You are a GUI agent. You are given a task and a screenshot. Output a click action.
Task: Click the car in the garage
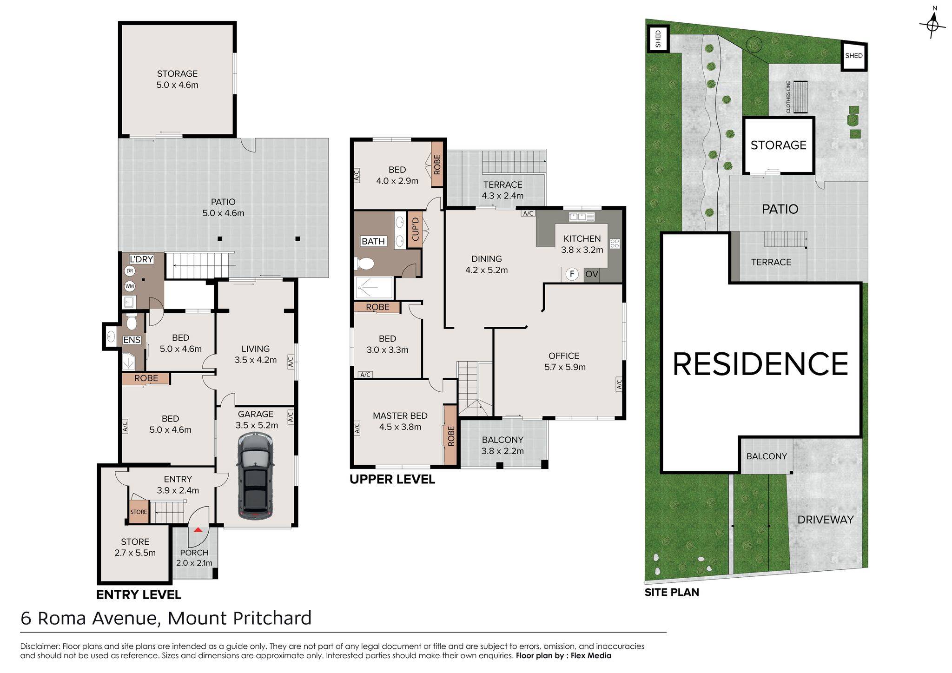[255, 476]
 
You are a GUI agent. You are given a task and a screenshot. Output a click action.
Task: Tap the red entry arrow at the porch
[198, 529]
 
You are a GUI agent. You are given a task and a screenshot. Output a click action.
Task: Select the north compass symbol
[932, 23]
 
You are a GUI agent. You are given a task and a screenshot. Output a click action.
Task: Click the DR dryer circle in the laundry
[130, 271]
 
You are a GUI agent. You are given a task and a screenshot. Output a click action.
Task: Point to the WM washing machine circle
[130, 286]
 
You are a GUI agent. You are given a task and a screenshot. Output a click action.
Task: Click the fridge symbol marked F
[572, 274]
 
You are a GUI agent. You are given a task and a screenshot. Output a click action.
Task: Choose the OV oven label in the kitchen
[591, 274]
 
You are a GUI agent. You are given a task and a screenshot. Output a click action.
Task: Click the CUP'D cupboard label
[415, 229]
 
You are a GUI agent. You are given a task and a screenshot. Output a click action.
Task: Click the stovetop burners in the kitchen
[615, 244]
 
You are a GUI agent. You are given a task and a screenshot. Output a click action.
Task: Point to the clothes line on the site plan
[800, 97]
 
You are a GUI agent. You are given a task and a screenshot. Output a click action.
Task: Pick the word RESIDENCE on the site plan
[760, 364]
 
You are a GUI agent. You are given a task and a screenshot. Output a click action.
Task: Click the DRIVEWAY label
[826, 520]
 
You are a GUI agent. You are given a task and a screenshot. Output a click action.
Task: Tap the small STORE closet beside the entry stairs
[139, 512]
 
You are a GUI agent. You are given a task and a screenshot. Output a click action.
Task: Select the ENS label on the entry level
[132, 340]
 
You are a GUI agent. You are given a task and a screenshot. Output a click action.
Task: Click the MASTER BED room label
[400, 416]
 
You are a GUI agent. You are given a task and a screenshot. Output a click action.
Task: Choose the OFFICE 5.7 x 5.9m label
[564, 361]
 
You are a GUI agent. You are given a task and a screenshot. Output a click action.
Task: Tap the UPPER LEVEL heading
[392, 479]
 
